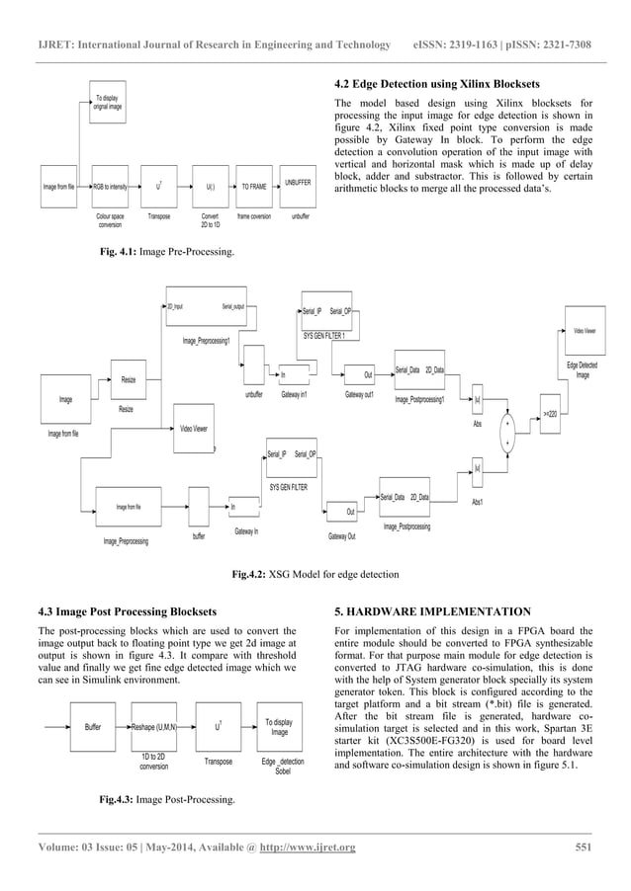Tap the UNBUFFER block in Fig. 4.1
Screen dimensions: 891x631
coord(297,185)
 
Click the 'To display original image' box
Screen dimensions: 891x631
coord(108,102)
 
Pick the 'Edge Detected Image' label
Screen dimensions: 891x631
coord(582,371)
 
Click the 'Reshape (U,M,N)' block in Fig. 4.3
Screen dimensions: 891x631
coord(153,726)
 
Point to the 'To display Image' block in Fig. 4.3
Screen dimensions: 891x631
coord(279,726)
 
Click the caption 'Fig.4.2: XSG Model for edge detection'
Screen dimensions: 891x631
coord(315,574)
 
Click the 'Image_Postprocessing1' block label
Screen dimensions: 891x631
coord(420,400)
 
